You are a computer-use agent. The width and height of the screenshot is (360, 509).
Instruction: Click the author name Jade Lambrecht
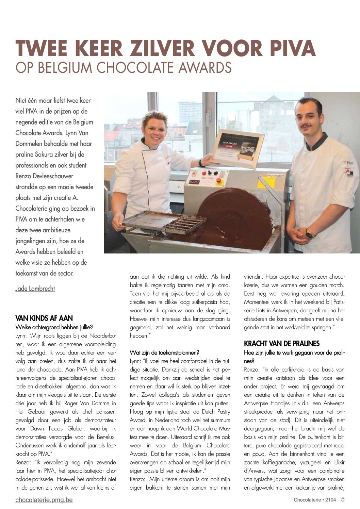click(x=35, y=289)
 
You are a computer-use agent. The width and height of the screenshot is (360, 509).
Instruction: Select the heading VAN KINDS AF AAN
click(x=44, y=318)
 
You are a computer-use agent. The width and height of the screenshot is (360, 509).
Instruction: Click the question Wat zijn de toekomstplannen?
click(x=164, y=352)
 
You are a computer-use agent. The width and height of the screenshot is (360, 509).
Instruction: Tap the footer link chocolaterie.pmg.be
click(x=44, y=500)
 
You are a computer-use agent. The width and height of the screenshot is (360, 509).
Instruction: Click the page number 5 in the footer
click(x=343, y=499)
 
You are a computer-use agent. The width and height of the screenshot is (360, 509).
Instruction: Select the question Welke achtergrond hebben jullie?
click(x=54, y=327)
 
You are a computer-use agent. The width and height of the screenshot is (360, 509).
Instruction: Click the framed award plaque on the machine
click(x=238, y=148)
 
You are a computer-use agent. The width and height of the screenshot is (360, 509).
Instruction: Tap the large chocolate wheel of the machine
click(x=235, y=218)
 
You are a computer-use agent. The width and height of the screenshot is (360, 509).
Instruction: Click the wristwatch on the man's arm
click(x=310, y=233)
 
